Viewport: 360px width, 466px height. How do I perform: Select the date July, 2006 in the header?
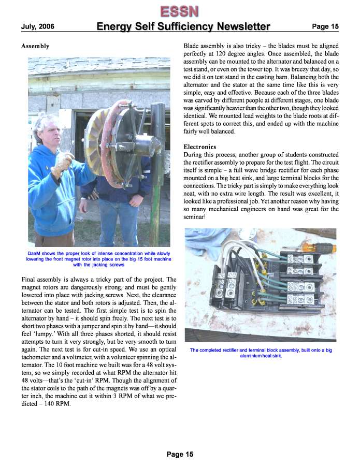(x=38, y=26)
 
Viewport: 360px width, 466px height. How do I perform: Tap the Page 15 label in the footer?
(x=180, y=455)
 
